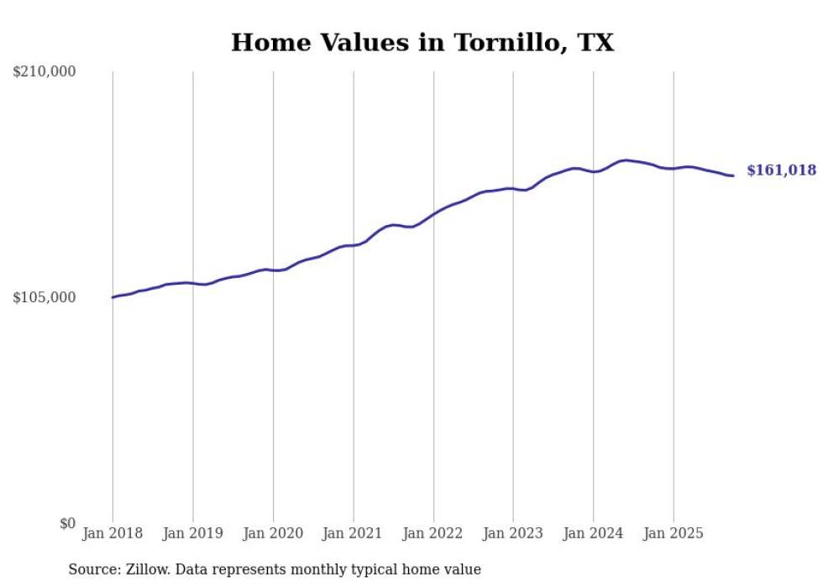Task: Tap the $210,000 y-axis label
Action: point(45,72)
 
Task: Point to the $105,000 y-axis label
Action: point(45,298)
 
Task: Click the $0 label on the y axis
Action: point(67,524)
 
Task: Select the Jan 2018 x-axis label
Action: point(113,533)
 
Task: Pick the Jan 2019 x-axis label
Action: point(193,533)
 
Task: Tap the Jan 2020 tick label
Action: point(273,533)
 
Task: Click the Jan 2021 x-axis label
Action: point(354,533)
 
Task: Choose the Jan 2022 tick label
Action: point(433,533)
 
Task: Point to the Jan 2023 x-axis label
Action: point(513,533)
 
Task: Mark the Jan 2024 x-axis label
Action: point(594,533)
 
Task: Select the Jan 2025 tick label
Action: point(674,533)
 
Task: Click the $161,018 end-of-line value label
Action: point(781,170)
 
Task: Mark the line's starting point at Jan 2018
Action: point(113,297)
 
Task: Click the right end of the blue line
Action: point(732,176)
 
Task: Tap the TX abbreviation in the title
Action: point(595,43)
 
